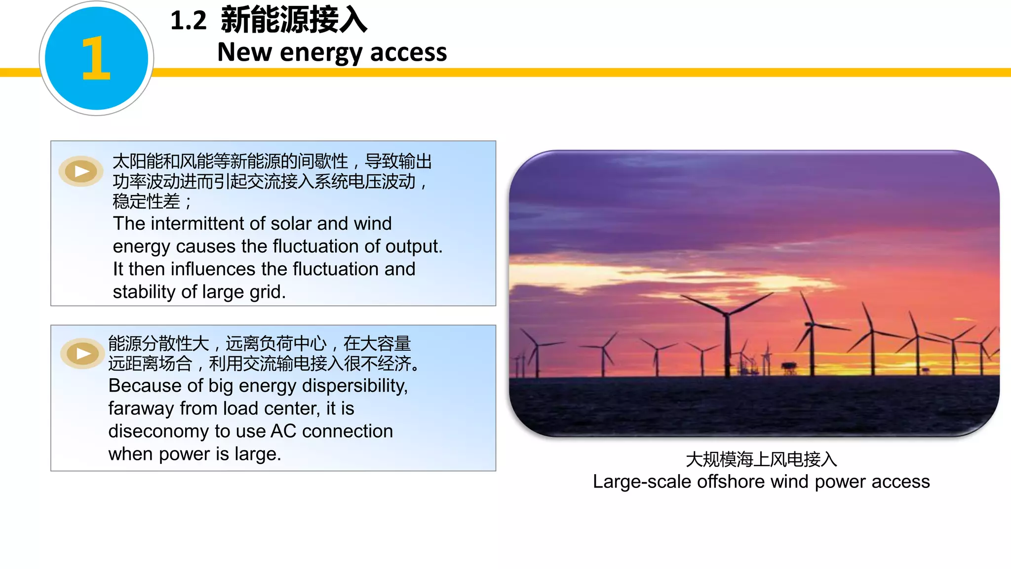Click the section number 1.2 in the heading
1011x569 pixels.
tap(188, 21)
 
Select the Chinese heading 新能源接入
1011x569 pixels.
tap(294, 20)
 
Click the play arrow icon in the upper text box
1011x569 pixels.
tap(81, 171)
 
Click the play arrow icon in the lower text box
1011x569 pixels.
tap(82, 354)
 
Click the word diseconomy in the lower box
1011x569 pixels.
tap(158, 431)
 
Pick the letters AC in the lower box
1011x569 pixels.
tap(283, 431)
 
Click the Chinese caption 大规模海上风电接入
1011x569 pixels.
tap(761, 459)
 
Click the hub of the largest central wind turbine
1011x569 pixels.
tap(727, 314)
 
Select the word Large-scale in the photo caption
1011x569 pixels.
tap(642, 482)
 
